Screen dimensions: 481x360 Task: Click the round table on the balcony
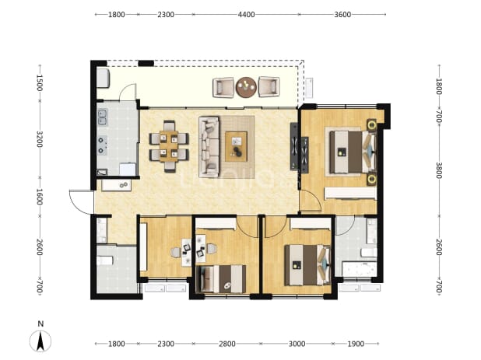coord(246,87)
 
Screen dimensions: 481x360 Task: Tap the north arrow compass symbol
coord(40,341)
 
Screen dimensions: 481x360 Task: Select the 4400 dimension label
coord(247,15)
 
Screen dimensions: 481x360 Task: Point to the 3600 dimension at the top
coord(342,15)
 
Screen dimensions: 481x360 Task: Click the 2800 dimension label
coord(227,344)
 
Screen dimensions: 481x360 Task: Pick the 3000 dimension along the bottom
coord(297,344)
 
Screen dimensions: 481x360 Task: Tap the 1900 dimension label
coord(356,344)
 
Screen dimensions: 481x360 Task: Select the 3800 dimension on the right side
coord(439,170)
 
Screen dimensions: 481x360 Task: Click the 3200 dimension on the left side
coord(40,139)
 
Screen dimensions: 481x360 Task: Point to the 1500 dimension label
coord(40,82)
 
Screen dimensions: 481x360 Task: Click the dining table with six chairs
coord(169,146)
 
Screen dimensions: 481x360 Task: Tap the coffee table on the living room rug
coord(236,146)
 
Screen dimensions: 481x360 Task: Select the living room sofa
coord(209,147)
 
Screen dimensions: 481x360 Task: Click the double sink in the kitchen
coord(102,117)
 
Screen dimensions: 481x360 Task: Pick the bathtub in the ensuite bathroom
coord(360,269)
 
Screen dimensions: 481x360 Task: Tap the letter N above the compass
coord(40,324)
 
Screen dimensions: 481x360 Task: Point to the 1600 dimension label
coord(40,197)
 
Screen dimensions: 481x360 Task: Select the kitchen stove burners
coord(102,145)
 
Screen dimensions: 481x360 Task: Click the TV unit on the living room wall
coord(294,146)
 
